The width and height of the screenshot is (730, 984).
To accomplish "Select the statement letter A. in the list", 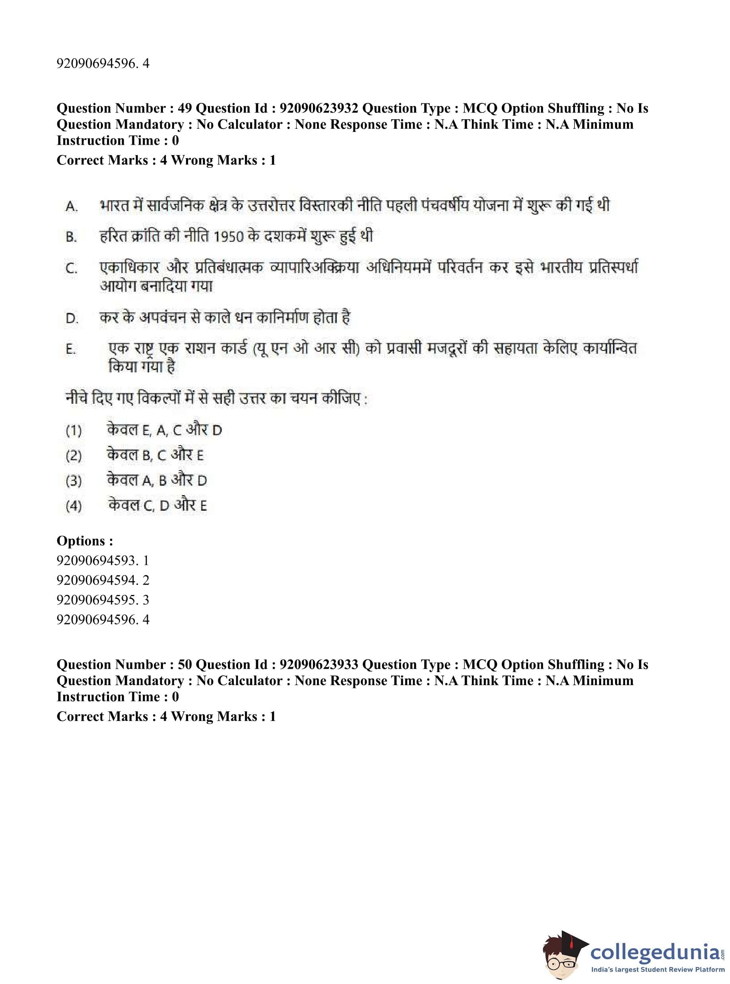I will [72, 206].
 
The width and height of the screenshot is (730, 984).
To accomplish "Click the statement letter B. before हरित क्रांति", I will [72, 237].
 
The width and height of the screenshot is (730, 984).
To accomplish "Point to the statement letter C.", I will [72, 269].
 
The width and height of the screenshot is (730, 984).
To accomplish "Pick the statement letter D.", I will [72, 318].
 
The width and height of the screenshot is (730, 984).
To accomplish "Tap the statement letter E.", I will [71, 349].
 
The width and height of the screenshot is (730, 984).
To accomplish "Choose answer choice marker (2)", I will [74, 455].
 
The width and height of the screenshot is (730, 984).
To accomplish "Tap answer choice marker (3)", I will [74, 480].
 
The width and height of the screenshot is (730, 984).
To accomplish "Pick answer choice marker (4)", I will [74, 506].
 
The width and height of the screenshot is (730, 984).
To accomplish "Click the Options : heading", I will [85, 540].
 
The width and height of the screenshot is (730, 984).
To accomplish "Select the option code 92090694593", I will [96, 560].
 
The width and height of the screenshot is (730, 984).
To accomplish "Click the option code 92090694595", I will [96, 600].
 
